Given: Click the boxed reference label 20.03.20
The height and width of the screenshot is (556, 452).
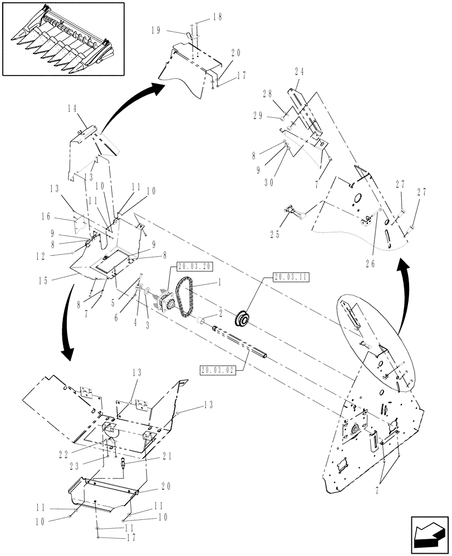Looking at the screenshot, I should (194, 266).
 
